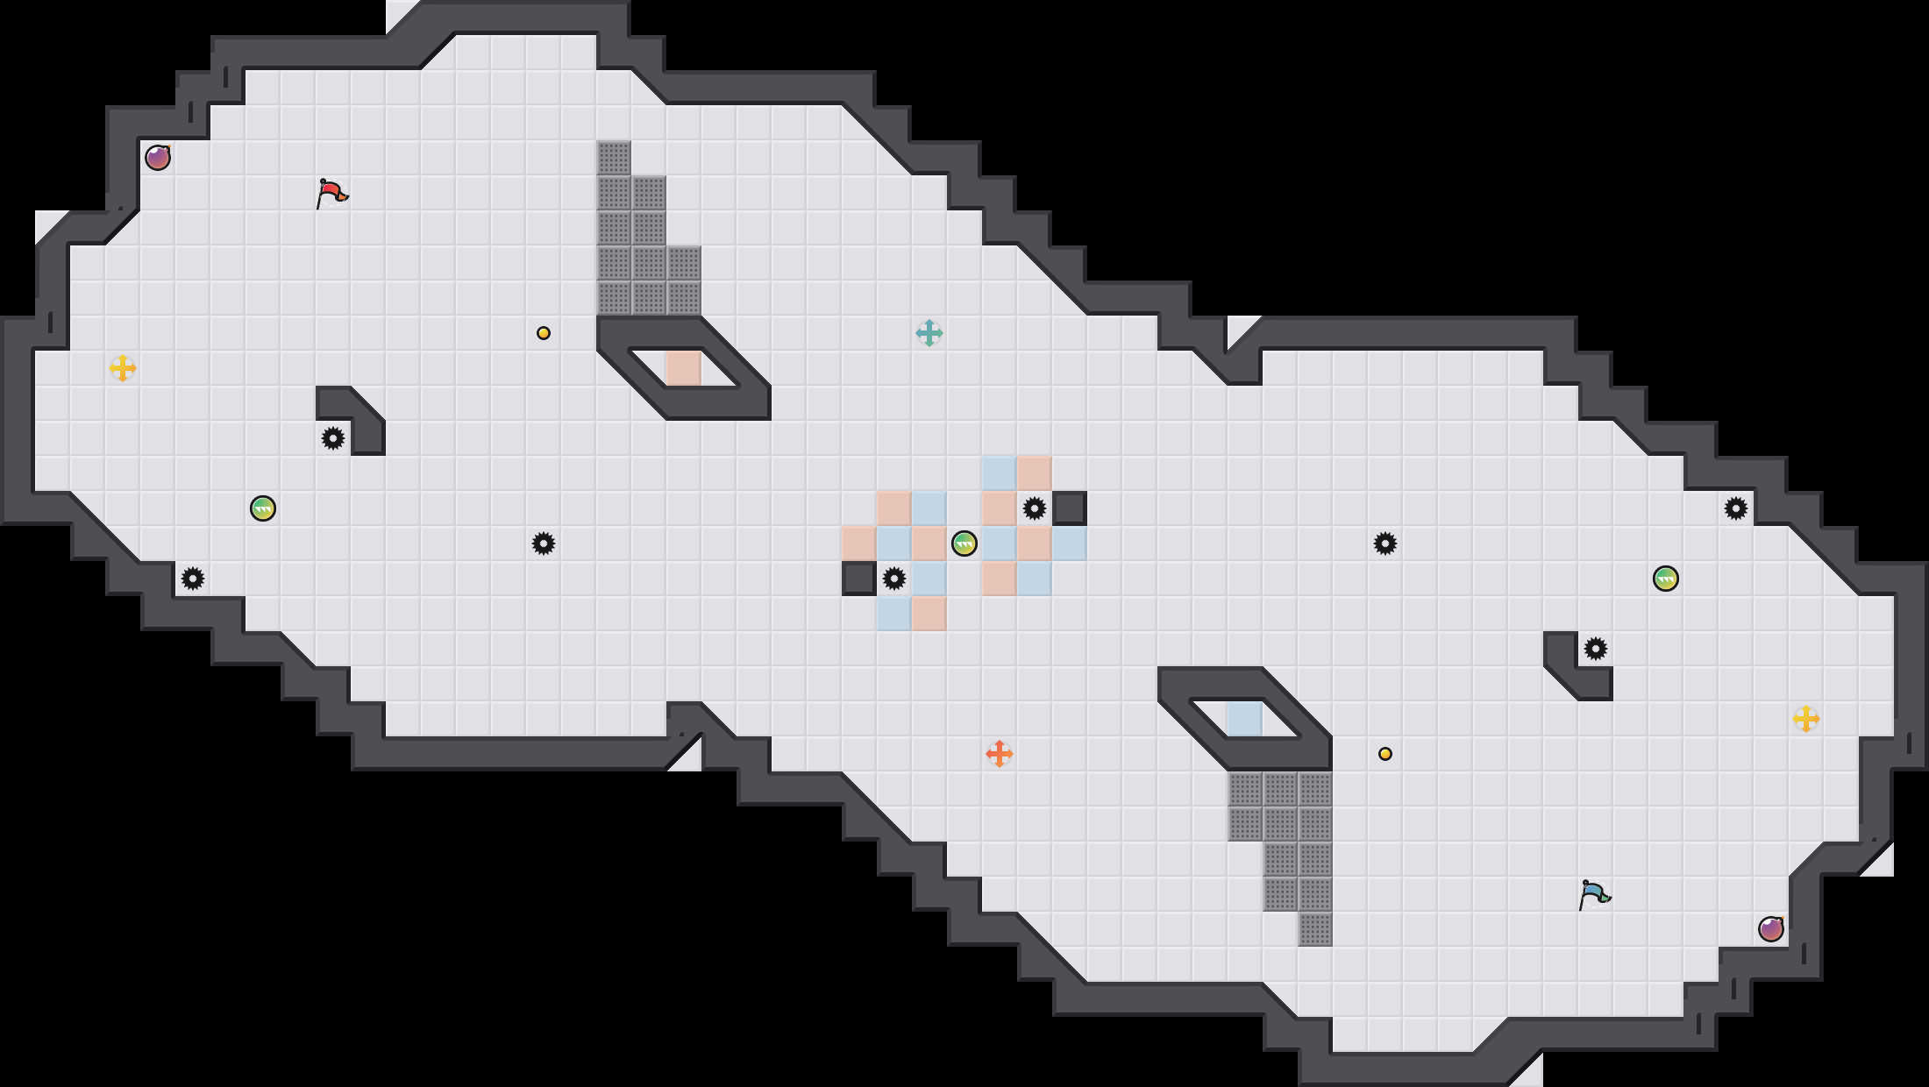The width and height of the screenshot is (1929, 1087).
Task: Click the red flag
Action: coord(331,193)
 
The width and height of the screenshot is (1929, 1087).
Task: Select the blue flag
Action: coord(1594,894)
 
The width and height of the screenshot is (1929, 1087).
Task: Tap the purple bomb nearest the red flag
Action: coord(158,158)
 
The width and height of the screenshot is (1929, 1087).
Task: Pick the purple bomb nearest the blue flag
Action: coord(1771,929)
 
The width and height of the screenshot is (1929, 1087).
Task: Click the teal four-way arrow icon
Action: coord(929,333)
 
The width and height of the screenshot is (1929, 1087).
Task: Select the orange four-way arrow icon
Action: coord(1000,754)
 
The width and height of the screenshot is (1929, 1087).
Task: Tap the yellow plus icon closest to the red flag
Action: coord(123,368)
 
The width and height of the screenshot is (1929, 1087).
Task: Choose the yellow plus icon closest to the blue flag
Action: coord(1806,719)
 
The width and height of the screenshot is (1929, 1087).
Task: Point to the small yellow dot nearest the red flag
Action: coord(544,333)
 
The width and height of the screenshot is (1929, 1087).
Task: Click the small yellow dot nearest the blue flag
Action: coord(1385,754)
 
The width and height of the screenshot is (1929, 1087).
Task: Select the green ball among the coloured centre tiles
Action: coord(964,543)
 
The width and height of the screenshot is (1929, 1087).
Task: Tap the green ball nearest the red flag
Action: coord(263,508)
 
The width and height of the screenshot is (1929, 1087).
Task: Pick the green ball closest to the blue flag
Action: coord(1666,579)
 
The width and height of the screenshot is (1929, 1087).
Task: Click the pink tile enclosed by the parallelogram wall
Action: coord(684,368)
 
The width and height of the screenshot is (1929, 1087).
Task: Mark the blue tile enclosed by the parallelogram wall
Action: coord(1245,719)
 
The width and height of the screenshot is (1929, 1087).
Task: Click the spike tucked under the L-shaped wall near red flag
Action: coord(333,438)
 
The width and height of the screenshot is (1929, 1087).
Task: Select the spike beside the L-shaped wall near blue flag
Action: coord(1596,649)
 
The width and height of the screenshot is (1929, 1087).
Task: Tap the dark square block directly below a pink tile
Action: coord(859,579)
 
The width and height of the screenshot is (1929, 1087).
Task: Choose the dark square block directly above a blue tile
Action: coord(1070,508)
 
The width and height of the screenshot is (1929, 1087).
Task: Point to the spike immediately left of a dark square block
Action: coord(1035,508)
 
